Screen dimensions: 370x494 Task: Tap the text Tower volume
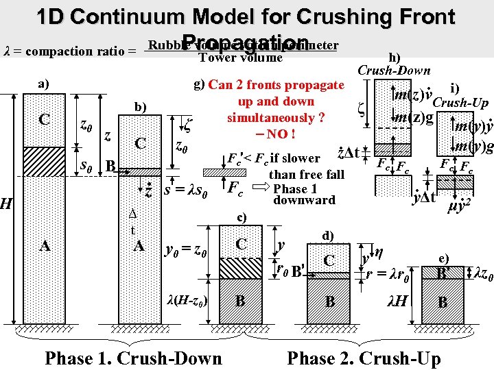click(x=239, y=58)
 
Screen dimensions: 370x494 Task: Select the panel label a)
click(x=43, y=84)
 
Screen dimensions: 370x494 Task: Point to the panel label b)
click(x=140, y=107)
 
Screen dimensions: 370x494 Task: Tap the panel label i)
click(x=454, y=87)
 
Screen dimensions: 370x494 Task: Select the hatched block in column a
click(x=44, y=163)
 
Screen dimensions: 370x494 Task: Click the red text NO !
click(x=274, y=133)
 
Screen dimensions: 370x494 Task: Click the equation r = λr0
click(x=388, y=276)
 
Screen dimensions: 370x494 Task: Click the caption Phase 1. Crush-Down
click(x=133, y=357)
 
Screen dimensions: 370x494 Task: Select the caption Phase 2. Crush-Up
click(x=364, y=357)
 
